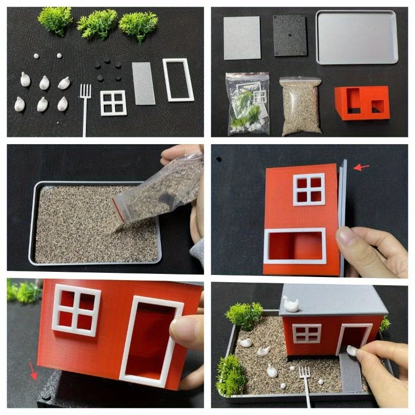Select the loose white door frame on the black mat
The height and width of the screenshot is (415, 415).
(178, 79)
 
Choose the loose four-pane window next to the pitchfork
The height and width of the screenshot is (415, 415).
(114, 102)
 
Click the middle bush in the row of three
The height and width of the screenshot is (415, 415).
(98, 23)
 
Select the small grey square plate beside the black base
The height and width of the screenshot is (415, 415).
(242, 37)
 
